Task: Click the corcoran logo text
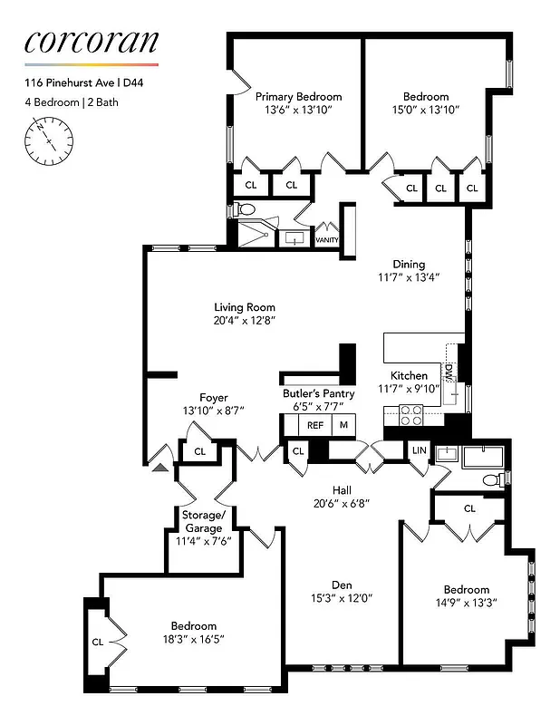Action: (91, 41)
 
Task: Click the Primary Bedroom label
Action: (298, 97)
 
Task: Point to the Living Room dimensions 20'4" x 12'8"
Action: (244, 320)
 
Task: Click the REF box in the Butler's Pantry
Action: (315, 424)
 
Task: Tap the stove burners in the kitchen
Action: (412, 414)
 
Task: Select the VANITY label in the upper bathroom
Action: (326, 240)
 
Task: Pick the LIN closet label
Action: (419, 450)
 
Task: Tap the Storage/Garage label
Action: (202, 522)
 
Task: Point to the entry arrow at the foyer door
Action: (160, 467)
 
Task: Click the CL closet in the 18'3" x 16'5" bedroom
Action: (98, 642)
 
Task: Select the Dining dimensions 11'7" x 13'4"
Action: (409, 278)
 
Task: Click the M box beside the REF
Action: (343, 424)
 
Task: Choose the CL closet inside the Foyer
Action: (199, 450)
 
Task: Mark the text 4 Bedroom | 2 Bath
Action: (72, 102)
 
